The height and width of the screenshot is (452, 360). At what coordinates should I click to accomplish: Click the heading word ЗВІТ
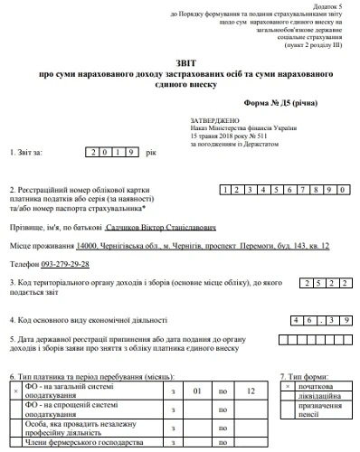(x=180, y=61)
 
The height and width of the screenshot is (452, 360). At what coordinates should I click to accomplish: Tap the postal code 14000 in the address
(x=87, y=246)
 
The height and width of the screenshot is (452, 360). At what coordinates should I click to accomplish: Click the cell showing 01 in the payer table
(x=196, y=390)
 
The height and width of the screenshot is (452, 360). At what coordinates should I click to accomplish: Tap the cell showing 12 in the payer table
(x=251, y=390)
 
